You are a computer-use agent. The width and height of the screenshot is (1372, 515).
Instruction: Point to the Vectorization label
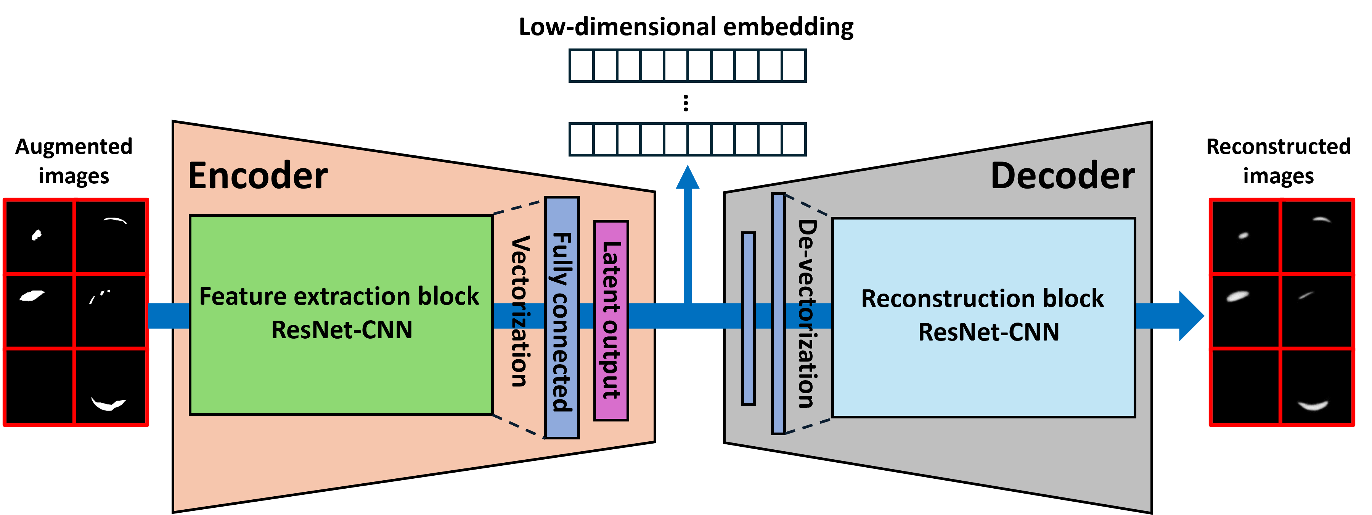(520, 312)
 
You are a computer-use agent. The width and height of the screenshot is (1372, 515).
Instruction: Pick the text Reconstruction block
(982, 299)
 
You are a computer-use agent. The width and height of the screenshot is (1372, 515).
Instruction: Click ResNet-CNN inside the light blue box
(988, 332)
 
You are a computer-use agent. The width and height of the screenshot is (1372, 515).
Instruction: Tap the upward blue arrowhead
(687, 178)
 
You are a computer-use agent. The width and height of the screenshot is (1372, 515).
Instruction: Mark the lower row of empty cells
(687, 139)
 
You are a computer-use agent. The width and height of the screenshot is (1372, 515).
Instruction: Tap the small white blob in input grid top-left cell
(36, 234)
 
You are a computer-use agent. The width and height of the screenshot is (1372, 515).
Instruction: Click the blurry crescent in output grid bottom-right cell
(1313, 405)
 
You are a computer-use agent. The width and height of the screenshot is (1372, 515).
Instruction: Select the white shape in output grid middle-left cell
(1238, 295)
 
